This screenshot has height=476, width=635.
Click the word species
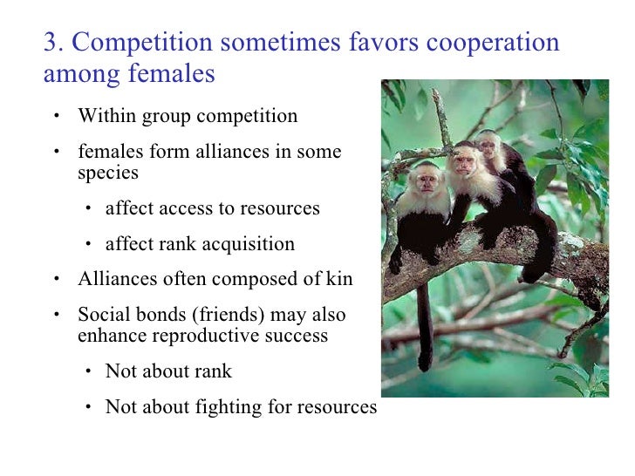108,173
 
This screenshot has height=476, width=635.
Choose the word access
176,208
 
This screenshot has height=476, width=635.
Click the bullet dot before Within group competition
55,117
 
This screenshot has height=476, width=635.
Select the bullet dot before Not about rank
90,372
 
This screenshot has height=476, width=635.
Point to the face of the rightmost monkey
491,140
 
